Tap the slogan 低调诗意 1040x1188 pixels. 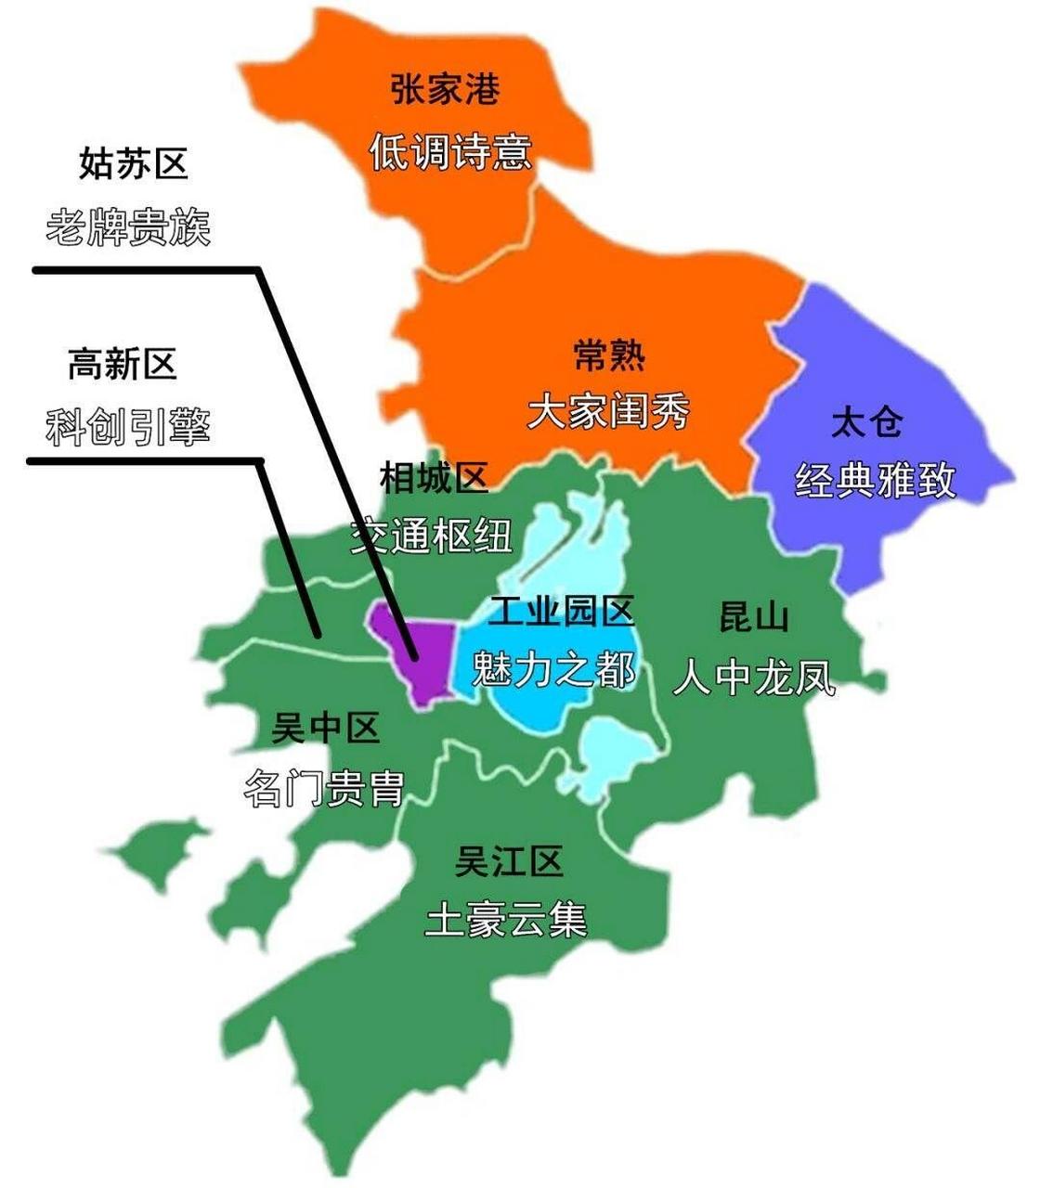click(x=450, y=151)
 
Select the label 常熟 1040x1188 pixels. click(x=608, y=355)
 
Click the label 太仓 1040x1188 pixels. click(x=866, y=423)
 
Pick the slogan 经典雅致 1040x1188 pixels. click(x=875, y=480)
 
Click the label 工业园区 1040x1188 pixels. click(x=562, y=612)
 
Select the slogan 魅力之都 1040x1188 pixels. click(x=554, y=667)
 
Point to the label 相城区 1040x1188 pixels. click(x=434, y=479)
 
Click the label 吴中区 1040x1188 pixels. click(x=326, y=729)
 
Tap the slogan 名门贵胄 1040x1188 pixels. click(x=324, y=790)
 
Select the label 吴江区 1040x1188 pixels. click(x=509, y=863)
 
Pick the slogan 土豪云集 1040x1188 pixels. click(x=506, y=920)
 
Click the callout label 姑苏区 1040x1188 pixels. click(x=134, y=164)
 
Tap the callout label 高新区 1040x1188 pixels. click(x=122, y=365)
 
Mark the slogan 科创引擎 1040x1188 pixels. click(x=129, y=426)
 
